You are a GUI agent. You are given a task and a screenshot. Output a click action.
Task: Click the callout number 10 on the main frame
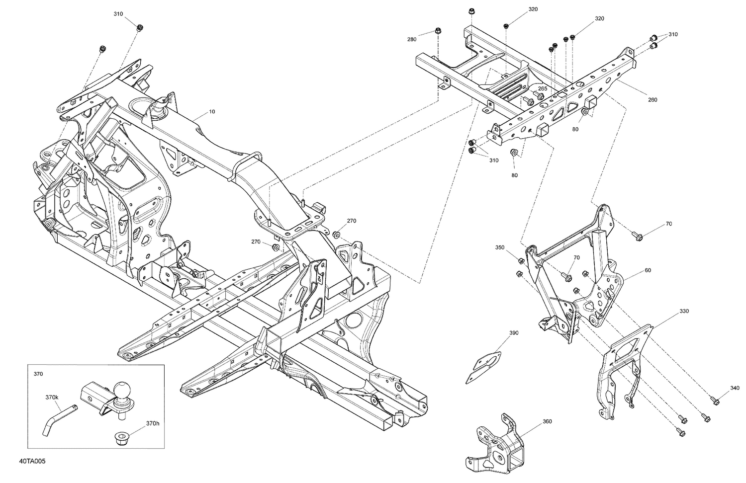point(212,112)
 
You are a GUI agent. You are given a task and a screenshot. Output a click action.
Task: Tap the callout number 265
point(543,89)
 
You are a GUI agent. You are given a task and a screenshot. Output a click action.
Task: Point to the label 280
point(412,39)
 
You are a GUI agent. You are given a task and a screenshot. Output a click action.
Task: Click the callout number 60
point(648,270)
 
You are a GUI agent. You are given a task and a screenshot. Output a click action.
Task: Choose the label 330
point(684,312)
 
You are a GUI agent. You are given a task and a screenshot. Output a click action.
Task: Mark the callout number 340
point(735,388)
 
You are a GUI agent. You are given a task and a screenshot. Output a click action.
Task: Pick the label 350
point(500,247)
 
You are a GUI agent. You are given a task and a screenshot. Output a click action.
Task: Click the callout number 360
point(547,421)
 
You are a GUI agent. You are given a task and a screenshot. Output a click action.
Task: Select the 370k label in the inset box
point(52,398)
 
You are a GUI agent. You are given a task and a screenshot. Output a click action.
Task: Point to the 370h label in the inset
point(153,423)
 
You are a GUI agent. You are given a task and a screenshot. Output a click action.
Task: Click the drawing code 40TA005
point(32,462)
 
